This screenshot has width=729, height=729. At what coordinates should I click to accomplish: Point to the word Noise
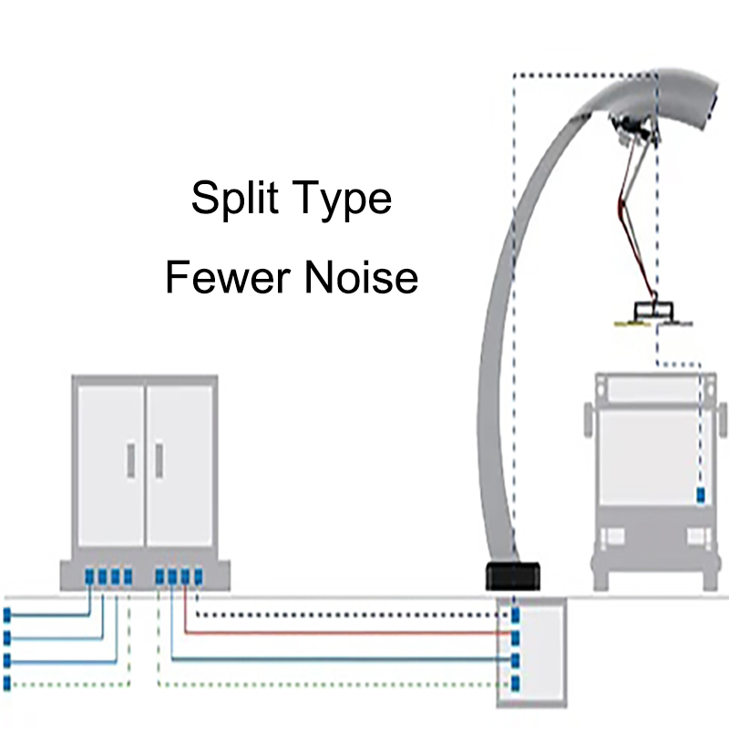point(362,276)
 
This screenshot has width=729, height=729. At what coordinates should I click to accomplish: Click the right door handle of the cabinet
point(159,459)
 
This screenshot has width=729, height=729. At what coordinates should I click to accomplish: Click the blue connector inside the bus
point(701,496)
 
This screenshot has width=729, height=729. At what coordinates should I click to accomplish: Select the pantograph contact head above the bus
point(653,313)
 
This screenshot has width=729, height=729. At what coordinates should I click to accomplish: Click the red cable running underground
point(346,631)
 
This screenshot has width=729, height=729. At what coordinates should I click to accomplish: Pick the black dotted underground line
point(346,614)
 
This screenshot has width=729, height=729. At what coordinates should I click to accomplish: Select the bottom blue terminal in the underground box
point(516,682)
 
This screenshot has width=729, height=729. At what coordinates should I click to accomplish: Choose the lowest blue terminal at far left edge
point(7,682)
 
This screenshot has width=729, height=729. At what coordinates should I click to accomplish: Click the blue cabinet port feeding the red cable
point(185,576)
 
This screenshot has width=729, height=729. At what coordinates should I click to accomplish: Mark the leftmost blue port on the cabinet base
point(89,576)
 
